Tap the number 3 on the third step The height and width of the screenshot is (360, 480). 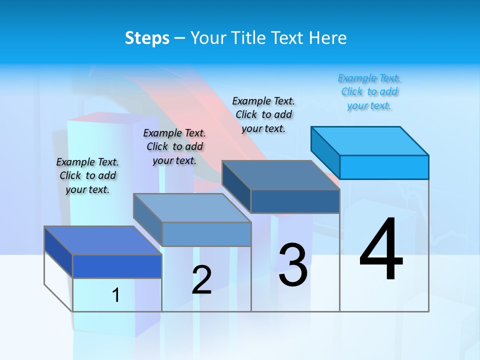pos(293,265)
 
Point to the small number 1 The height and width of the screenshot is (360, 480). pos(116,295)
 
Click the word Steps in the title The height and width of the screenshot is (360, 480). pos(147,38)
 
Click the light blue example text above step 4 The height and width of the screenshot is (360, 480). pos(369,92)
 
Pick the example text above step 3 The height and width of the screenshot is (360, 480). pos(263,114)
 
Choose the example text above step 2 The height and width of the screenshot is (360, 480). pos(174,146)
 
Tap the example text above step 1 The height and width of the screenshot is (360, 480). pos(87,175)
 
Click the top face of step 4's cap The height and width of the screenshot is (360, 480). pos(370,141)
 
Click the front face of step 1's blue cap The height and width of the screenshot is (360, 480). pos(117,266)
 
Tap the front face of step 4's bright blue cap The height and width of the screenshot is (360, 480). pos(384,167)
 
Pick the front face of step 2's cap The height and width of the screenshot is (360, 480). pos(206,234)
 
